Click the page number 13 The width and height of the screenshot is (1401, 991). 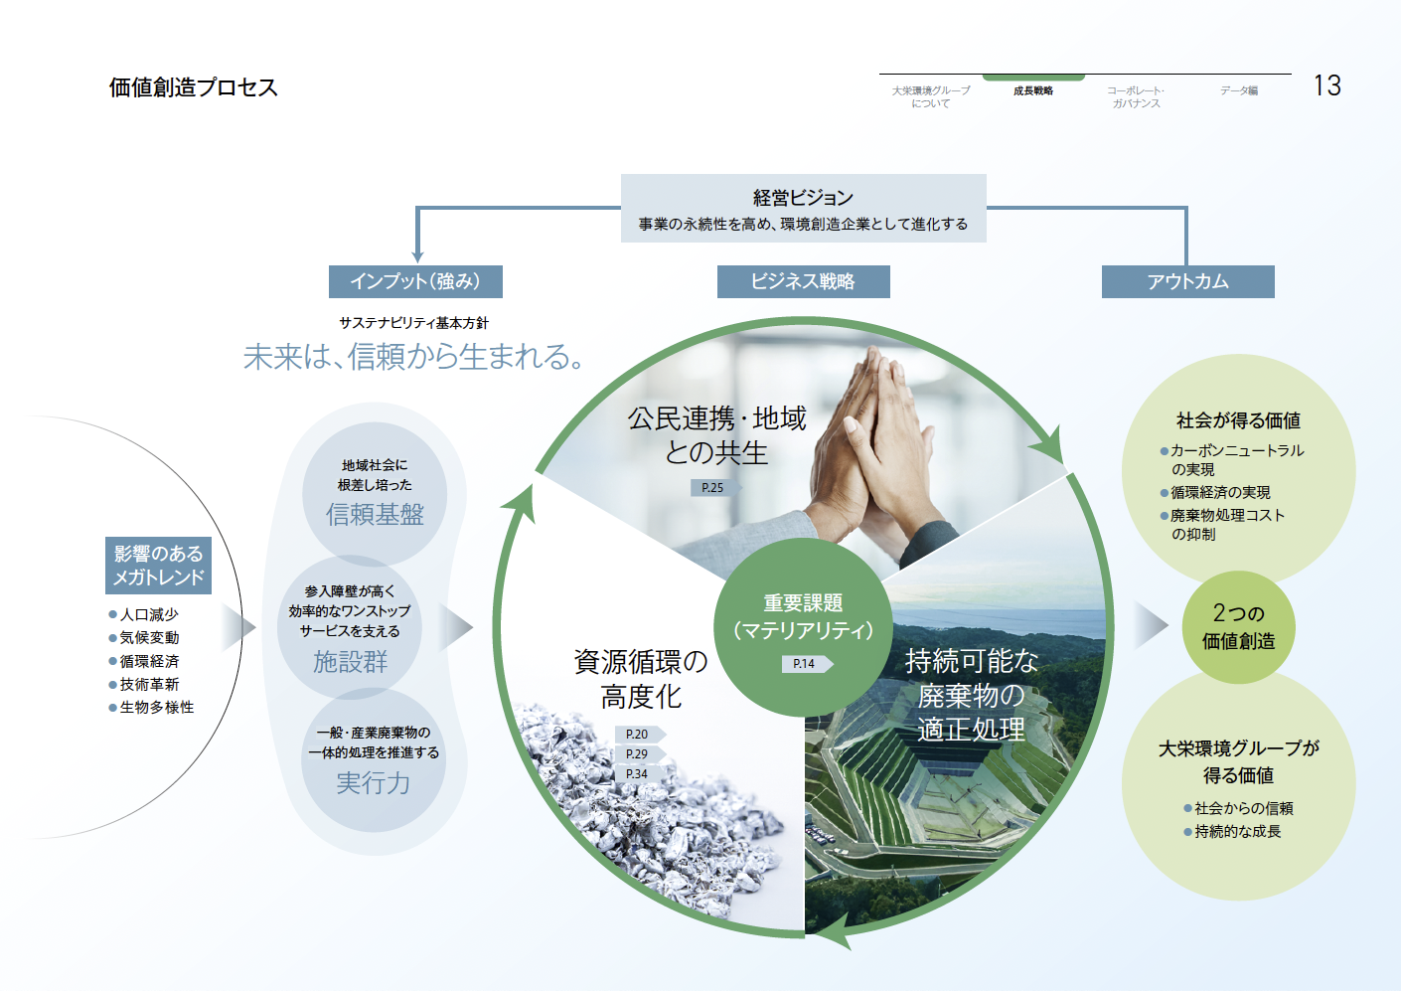(x=1326, y=85)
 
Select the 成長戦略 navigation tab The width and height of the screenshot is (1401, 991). (x=1033, y=91)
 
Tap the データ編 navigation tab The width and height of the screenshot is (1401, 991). (x=1239, y=91)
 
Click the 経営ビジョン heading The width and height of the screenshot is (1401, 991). (x=803, y=198)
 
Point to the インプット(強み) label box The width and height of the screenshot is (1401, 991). (x=415, y=281)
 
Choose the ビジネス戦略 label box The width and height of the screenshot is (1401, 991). (x=803, y=281)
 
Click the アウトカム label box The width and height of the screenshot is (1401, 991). (x=1187, y=281)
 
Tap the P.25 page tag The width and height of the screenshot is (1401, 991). (x=712, y=488)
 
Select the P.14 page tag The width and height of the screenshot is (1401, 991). (x=805, y=664)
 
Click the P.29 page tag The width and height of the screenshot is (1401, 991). (x=637, y=754)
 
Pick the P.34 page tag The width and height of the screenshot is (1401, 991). (x=637, y=774)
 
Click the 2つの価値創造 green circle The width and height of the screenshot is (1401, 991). (x=1238, y=627)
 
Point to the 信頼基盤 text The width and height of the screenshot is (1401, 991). (x=375, y=514)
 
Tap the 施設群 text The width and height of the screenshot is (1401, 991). (x=350, y=662)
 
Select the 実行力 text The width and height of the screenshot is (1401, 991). (x=373, y=783)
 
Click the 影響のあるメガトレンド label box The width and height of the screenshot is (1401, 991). (x=158, y=566)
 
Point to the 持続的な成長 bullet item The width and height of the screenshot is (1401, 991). (x=1237, y=832)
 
